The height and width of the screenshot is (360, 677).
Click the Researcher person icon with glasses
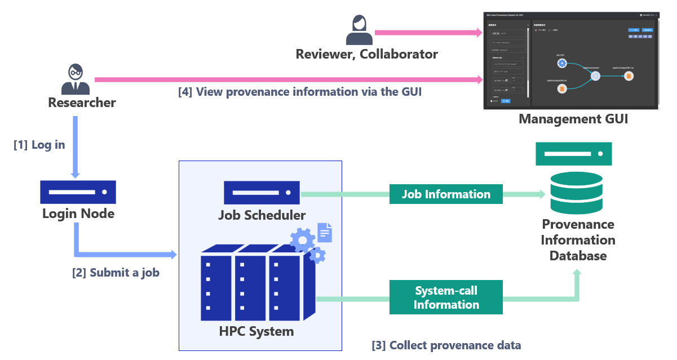click(76, 79)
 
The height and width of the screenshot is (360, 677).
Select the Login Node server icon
click(78, 192)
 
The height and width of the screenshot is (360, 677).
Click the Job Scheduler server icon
click(262, 193)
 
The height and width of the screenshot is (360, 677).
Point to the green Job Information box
click(446, 194)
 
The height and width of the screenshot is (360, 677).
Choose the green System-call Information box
click(446, 297)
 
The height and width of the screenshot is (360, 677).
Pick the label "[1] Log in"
click(39, 145)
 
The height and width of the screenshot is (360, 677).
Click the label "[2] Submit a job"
click(116, 273)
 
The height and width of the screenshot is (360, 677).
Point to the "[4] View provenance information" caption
click(299, 92)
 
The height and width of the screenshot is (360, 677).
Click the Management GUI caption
click(573, 119)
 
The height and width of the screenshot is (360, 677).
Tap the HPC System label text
click(256, 331)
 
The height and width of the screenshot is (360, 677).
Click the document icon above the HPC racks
click(325, 232)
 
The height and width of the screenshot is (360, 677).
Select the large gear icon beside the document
click(303, 241)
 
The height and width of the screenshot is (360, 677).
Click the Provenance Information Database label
click(578, 240)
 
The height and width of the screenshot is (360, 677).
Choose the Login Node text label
click(78, 214)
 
